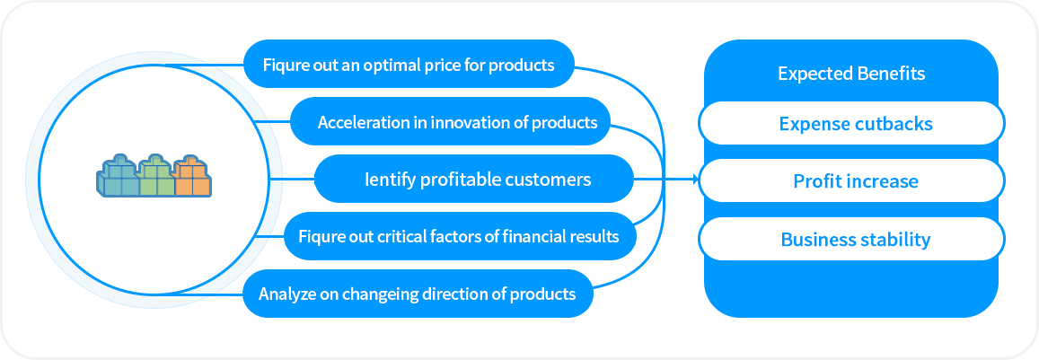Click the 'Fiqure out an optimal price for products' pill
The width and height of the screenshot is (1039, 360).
409,65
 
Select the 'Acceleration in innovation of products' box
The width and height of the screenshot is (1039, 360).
451,121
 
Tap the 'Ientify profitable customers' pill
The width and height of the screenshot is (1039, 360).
474,179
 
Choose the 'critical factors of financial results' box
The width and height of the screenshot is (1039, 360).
461,236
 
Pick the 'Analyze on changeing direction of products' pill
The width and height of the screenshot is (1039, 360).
418,293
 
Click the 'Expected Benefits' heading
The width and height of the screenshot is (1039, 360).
851,73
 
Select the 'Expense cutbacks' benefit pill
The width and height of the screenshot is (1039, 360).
852,123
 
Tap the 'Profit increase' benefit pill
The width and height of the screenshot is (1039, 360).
852,181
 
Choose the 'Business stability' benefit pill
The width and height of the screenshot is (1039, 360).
852,239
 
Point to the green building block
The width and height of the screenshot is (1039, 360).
156,176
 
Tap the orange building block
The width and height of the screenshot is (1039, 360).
192,176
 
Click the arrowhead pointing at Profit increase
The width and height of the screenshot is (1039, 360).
696,179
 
